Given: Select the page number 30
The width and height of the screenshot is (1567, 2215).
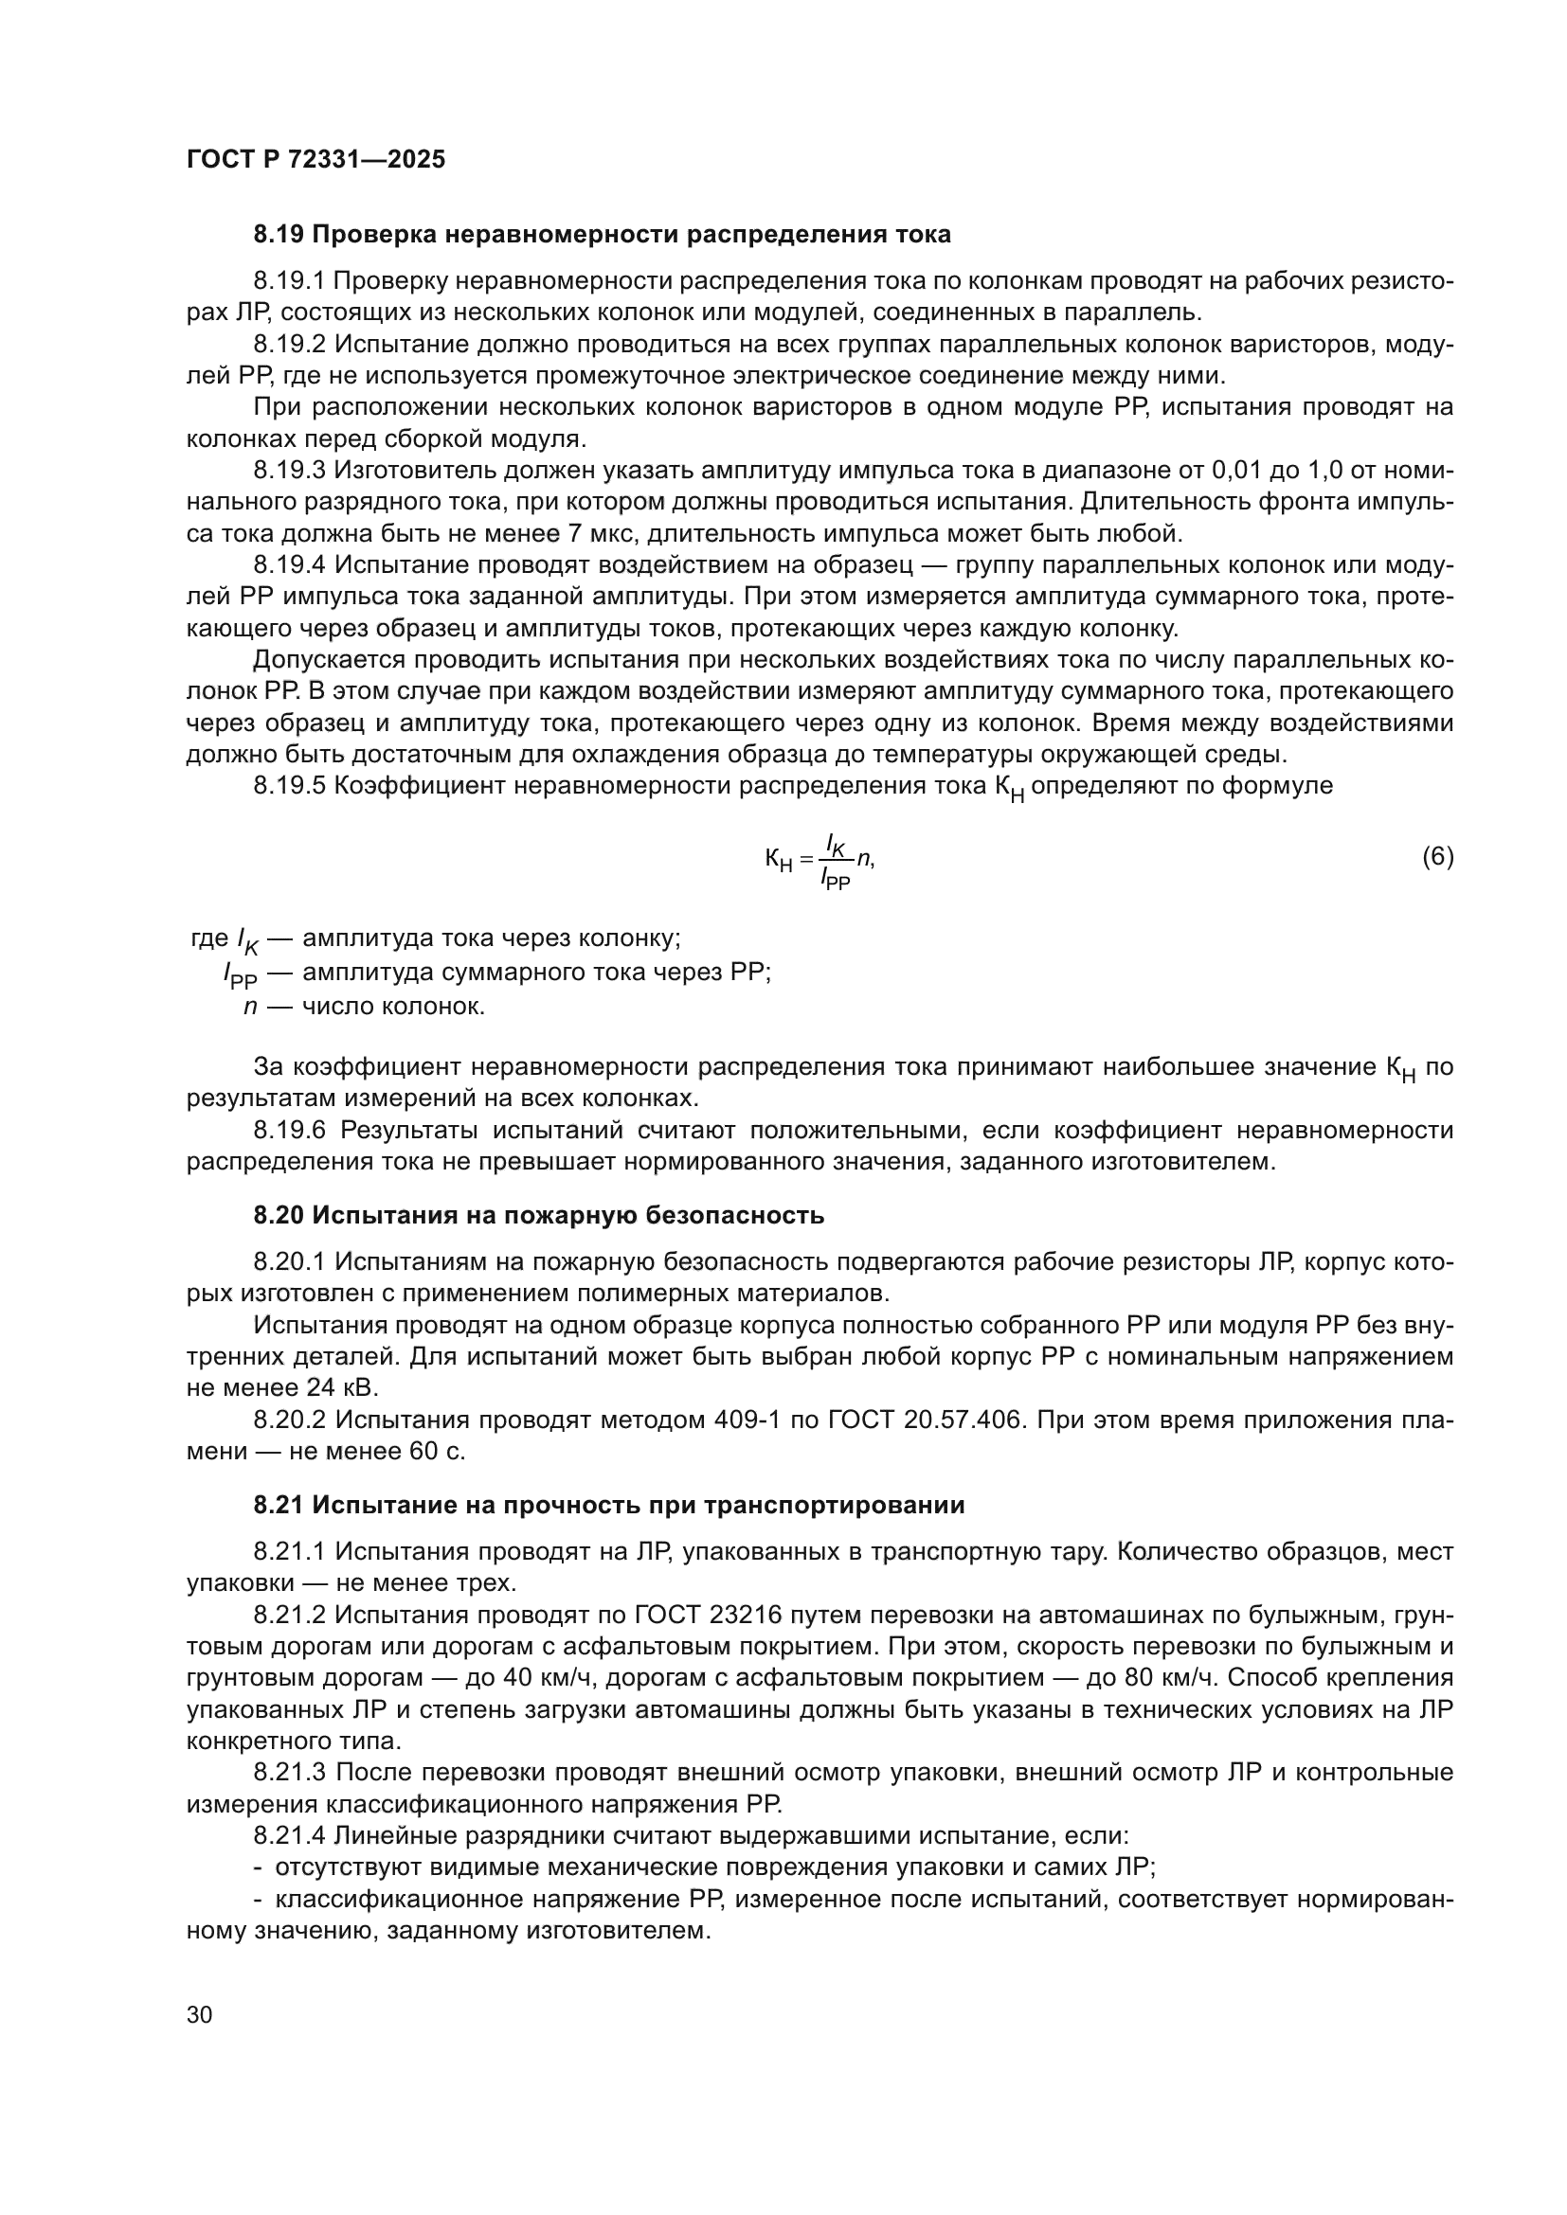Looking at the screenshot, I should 200,2015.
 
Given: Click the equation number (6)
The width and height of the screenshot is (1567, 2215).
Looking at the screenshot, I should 1438,857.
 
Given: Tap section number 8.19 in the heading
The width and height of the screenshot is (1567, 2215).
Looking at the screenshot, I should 279,235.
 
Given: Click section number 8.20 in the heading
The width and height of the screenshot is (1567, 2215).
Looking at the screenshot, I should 279,1216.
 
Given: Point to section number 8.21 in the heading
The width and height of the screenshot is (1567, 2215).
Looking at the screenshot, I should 279,1506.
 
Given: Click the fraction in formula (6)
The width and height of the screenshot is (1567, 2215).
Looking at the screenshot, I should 836,861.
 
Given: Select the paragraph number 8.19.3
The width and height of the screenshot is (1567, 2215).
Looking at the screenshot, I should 291,470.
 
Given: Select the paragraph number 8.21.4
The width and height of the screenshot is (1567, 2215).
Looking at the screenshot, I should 291,1836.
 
